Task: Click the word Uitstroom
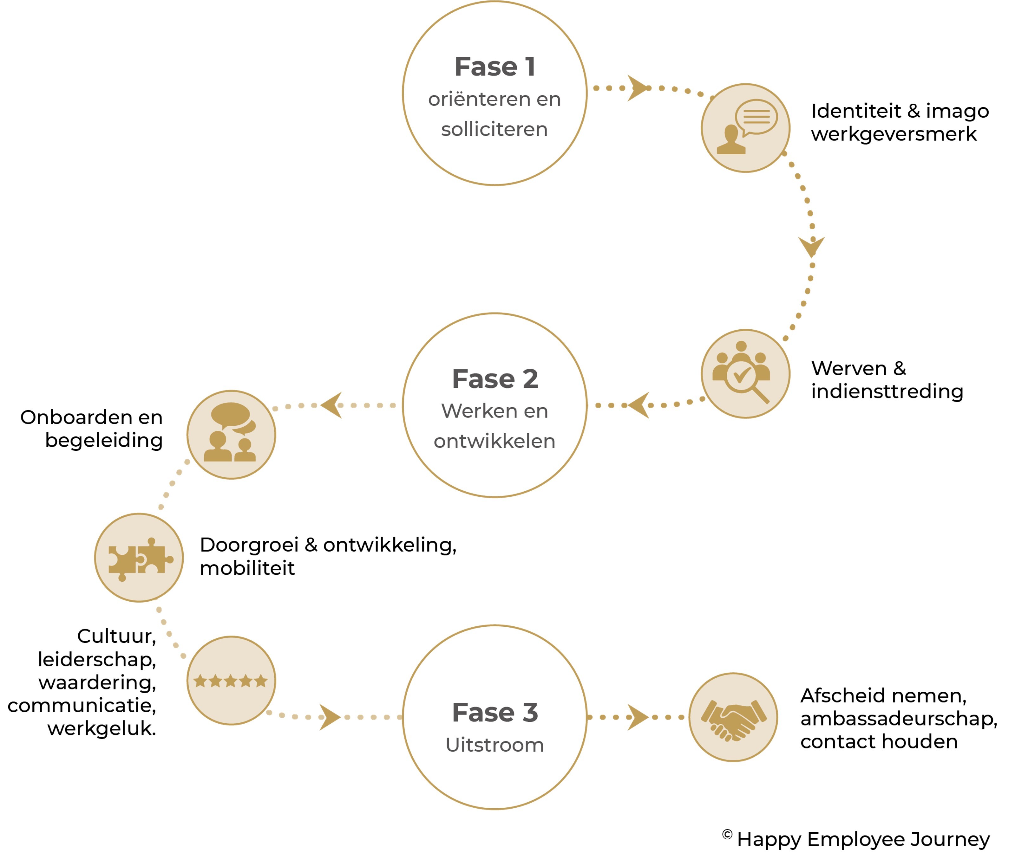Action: tap(495, 745)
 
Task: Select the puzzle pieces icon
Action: tap(139, 558)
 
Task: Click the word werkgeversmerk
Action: tap(894, 134)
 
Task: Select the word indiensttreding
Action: tap(887, 392)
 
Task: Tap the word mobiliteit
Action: tap(247, 568)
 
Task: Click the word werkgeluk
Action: tap(101, 728)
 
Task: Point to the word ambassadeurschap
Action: tap(898, 719)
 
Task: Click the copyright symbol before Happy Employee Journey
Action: tap(727, 835)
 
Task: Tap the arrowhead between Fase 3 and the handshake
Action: tap(637, 717)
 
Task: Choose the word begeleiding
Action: tap(104, 441)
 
